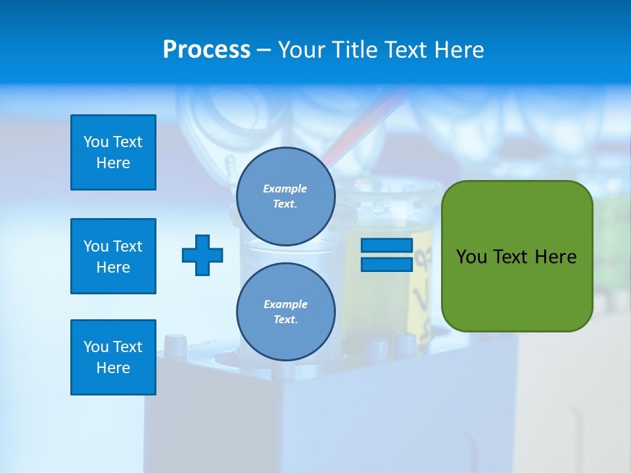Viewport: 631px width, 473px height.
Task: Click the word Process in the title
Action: click(x=206, y=50)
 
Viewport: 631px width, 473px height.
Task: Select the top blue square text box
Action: click(x=113, y=152)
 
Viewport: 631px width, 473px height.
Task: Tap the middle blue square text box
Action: click(x=113, y=256)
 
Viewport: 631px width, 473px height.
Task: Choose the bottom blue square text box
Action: click(x=113, y=357)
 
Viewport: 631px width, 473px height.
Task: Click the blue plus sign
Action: click(x=202, y=255)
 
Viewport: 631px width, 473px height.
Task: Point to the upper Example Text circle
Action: click(x=285, y=196)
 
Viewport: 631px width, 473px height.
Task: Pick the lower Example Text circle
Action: click(x=285, y=311)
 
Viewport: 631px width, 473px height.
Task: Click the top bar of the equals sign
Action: click(x=386, y=246)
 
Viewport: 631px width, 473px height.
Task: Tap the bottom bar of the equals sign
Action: click(x=386, y=265)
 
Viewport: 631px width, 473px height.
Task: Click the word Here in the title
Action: click(x=459, y=50)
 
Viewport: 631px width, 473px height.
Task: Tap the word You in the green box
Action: click(x=471, y=257)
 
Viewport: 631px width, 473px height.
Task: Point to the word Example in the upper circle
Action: click(x=285, y=189)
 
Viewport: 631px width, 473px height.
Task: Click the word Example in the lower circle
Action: click(x=285, y=304)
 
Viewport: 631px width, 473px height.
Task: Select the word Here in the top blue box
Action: click(x=113, y=163)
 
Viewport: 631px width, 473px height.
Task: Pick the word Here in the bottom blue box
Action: click(x=113, y=368)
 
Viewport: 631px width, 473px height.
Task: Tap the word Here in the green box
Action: click(x=555, y=257)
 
